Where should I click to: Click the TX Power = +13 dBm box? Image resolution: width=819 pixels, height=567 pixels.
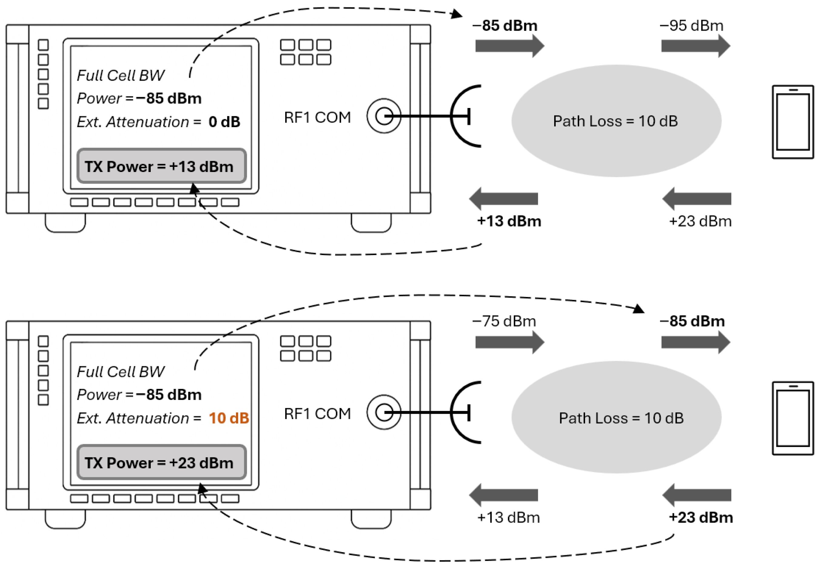pyautogui.click(x=161, y=166)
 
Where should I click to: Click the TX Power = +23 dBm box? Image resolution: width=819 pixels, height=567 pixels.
pyautogui.click(x=161, y=463)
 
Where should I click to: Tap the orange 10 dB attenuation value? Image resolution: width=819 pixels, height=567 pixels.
pyautogui.click(x=229, y=418)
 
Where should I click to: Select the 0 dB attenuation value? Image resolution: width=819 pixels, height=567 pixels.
pyautogui.click(x=224, y=122)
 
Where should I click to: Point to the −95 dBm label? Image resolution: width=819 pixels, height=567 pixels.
pyautogui.click(x=691, y=25)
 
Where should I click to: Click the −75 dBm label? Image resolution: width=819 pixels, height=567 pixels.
pyautogui.click(x=504, y=321)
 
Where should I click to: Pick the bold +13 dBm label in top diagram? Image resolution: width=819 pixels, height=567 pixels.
pyautogui.click(x=509, y=221)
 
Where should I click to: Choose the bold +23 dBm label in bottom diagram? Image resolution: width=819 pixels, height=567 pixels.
pyautogui.click(x=701, y=517)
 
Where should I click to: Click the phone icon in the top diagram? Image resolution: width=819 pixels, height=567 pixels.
pyautogui.click(x=793, y=122)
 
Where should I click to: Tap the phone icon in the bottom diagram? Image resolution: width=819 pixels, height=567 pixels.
pyautogui.click(x=793, y=418)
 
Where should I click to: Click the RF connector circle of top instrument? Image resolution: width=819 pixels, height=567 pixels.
pyautogui.click(x=384, y=116)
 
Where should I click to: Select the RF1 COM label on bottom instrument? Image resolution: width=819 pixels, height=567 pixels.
pyautogui.click(x=317, y=413)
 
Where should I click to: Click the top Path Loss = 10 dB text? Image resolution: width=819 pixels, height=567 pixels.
pyautogui.click(x=615, y=121)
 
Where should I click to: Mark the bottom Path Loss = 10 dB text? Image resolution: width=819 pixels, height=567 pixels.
pyautogui.click(x=621, y=418)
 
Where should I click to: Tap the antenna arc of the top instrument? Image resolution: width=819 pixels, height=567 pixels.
pyautogui.click(x=458, y=116)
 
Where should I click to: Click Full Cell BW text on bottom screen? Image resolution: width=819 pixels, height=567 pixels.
pyautogui.click(x=121, y=372)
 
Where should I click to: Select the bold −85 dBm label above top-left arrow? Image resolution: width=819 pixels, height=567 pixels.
pyautogui.click(x=504, y=25)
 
